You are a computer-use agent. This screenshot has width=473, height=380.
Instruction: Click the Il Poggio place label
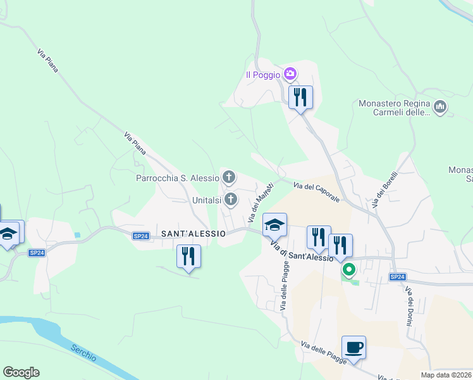click(x=262, y=75)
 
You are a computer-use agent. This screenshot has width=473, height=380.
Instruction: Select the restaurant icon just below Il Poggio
click(x=300, y=98)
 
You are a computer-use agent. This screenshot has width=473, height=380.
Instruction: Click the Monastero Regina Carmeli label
click(x=394, y=108)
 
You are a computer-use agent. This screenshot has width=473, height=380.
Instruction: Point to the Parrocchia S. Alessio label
click(x=177, y=178)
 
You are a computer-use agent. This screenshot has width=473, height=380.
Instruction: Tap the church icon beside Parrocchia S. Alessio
click(x=228, y=177)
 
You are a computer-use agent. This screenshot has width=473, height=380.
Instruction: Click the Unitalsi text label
click(x=206, y=200)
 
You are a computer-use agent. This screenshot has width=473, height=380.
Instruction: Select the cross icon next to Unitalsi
click(x=231, y=200)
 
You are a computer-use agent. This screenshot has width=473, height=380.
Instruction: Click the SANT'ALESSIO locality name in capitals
click(x=193, y=234)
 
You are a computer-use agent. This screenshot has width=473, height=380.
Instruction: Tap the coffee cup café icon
click(x=354, y=348)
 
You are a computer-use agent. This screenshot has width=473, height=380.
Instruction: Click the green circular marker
click(x=348, y=270)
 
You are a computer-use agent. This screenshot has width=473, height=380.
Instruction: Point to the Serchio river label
click(x=83, y=353)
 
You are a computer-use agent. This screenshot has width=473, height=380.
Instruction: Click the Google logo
click(x=21, y=372)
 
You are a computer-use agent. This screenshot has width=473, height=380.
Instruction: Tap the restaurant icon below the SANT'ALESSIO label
click(x=188, y=256)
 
